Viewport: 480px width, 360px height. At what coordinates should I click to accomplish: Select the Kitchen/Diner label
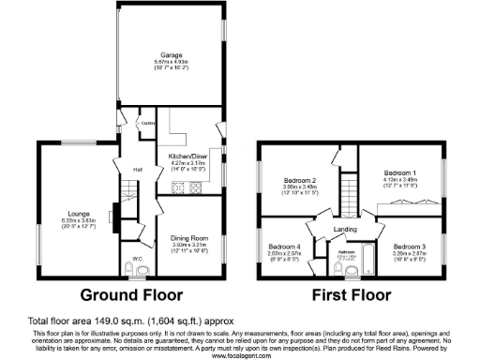tap(187, 157)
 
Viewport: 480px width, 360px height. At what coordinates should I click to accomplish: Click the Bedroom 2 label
tap(299, 179)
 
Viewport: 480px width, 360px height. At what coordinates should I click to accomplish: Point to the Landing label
tap(343, 229)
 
